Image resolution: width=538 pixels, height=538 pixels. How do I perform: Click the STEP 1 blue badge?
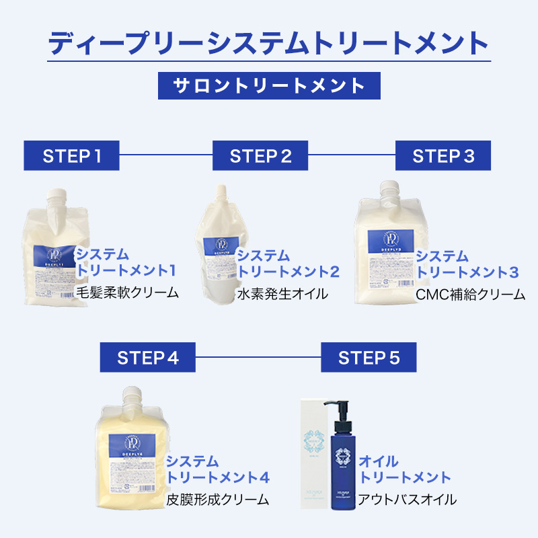[71, 156]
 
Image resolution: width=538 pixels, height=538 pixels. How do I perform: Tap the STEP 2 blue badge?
[260, 156]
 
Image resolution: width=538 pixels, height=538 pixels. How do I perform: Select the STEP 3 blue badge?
[443, 156]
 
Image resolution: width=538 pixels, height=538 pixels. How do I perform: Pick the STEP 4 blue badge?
[147, 357]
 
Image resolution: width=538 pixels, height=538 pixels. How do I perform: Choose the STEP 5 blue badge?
[369, 357]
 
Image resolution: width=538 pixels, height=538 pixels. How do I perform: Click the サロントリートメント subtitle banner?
[269, 85]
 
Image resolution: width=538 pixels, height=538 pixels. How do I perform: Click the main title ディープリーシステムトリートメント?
[269, 42]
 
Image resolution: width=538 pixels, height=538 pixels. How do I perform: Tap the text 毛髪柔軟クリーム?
[127, 293]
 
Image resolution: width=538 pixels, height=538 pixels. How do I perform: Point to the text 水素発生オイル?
[282, 294]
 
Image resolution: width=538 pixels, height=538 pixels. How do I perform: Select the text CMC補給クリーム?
[470, 294]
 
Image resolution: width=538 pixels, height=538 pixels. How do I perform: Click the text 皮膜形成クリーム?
[217, 500]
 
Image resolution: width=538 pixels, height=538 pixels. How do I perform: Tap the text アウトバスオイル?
[408, 500]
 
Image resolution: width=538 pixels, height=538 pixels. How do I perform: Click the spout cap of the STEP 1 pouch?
[58, 196]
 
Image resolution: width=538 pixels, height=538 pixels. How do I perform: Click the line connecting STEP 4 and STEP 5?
[258, 357]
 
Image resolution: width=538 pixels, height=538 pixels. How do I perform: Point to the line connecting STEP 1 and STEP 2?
[165, 156]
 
